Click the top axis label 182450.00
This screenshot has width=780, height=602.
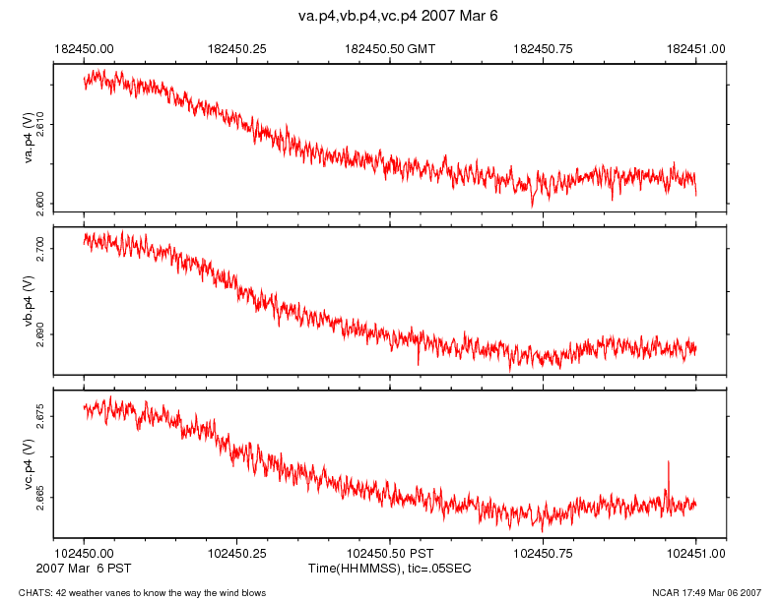(x=85, y=47)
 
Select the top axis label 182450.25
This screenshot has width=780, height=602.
(x=237, y=47)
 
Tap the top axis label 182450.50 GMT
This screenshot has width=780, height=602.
(x=404, y=47)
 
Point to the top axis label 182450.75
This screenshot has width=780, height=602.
(x=544, y=47)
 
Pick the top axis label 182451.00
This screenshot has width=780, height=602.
(x=696, y=47)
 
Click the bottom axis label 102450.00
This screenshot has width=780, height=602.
(x=85, y=555)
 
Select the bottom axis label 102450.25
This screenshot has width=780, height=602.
(x=237, y=555)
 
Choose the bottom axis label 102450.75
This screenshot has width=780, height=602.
(x=544, y=555)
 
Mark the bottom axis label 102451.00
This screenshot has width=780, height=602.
(x=696, y=555)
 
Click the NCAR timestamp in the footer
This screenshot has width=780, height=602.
(x=706, y=592)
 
